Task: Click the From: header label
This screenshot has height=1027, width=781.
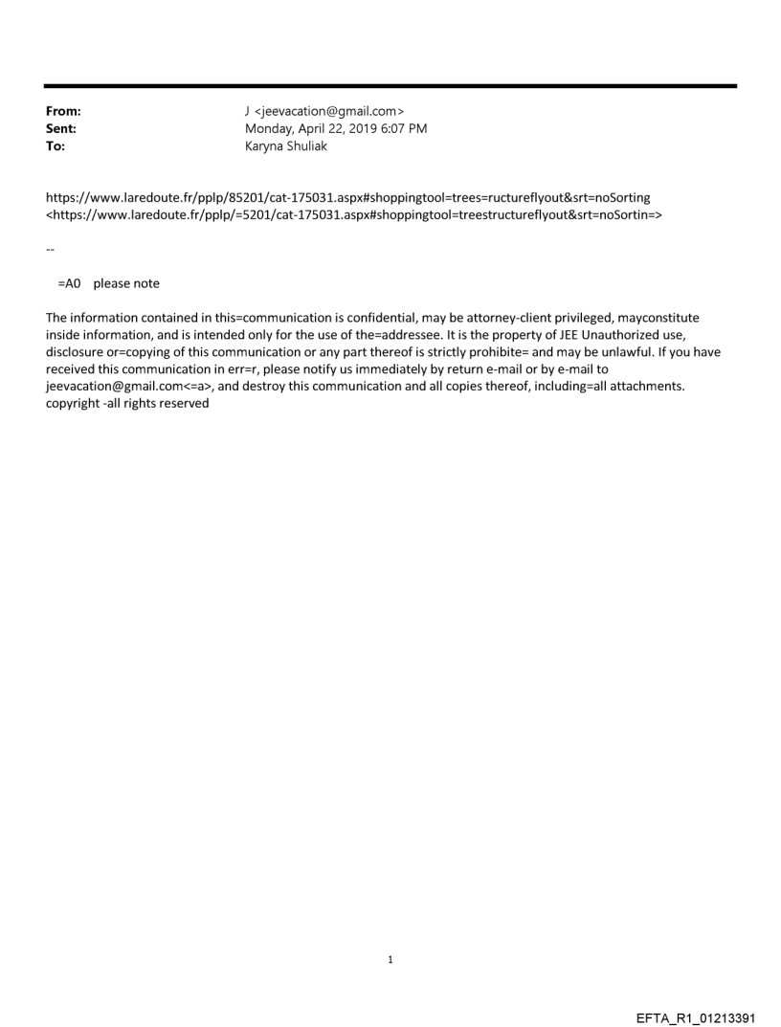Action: (x=63, y=112)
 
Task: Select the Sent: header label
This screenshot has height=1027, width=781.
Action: (x=61, y=129)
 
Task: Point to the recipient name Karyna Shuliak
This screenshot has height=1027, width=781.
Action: (x=286, y=146)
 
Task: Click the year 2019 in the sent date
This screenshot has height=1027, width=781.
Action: (x=366, y=129)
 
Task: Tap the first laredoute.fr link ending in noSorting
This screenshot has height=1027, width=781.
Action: (x=348, y=197)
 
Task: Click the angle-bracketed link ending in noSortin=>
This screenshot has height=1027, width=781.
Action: (x=354, y=214)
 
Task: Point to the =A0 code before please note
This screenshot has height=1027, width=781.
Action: (x=71, y=283)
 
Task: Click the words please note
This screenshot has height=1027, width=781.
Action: (x=126, y=283)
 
